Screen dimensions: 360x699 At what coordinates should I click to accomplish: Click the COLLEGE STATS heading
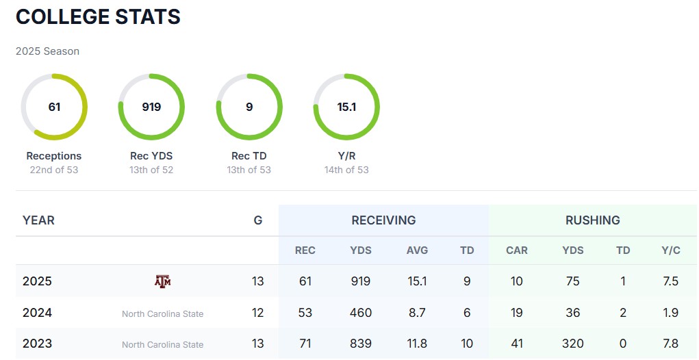point(98,17)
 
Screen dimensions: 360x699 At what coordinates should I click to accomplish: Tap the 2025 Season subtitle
point(47,51)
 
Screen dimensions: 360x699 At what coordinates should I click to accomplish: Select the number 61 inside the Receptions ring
point(54,107)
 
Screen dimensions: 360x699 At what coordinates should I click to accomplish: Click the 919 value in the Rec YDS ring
point(151,107)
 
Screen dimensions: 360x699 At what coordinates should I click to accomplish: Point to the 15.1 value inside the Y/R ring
point(346,107)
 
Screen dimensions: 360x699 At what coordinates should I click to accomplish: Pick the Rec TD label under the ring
point(249,156)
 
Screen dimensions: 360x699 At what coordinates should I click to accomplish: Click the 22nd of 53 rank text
point(54,170)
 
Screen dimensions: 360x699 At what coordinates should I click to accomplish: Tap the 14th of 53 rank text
point(346,170)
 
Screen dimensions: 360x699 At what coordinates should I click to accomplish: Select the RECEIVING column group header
point(383,220)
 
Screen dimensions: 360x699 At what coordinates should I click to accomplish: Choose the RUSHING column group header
point(593,220)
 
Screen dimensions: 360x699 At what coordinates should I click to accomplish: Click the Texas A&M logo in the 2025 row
point(162,281)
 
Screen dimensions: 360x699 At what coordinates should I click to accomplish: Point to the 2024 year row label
point(37,313)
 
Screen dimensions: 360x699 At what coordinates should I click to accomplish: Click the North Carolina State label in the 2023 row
point(162,345)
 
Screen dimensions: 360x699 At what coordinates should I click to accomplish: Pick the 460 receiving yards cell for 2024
point(361,313)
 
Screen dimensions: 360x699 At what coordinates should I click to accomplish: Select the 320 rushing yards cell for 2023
point(573,344)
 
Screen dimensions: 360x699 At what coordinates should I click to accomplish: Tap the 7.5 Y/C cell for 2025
point(671,281)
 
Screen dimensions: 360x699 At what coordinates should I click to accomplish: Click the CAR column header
point(517,250)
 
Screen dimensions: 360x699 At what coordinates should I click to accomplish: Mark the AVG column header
point(417,250)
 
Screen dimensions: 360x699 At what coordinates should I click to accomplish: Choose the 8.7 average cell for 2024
point(417,313)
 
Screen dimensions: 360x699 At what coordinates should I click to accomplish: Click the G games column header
point(257,220)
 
